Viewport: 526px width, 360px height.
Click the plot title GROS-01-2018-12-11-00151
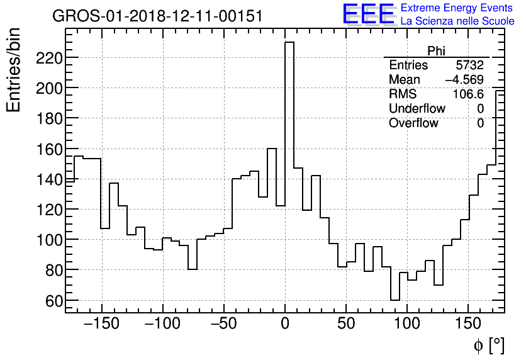157,16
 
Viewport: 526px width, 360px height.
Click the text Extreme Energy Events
457,8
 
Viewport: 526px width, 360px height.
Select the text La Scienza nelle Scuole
457,21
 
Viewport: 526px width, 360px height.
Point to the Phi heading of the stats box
436,51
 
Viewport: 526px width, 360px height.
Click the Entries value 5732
469,65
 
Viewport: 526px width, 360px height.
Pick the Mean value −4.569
464,80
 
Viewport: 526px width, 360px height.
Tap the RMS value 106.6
468,94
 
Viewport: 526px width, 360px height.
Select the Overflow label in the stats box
413,123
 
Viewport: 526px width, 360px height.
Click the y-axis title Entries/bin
14,69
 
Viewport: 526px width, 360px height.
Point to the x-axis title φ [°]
488,346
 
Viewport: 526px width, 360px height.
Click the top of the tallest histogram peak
289,43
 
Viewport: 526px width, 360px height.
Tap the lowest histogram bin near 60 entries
394,300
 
